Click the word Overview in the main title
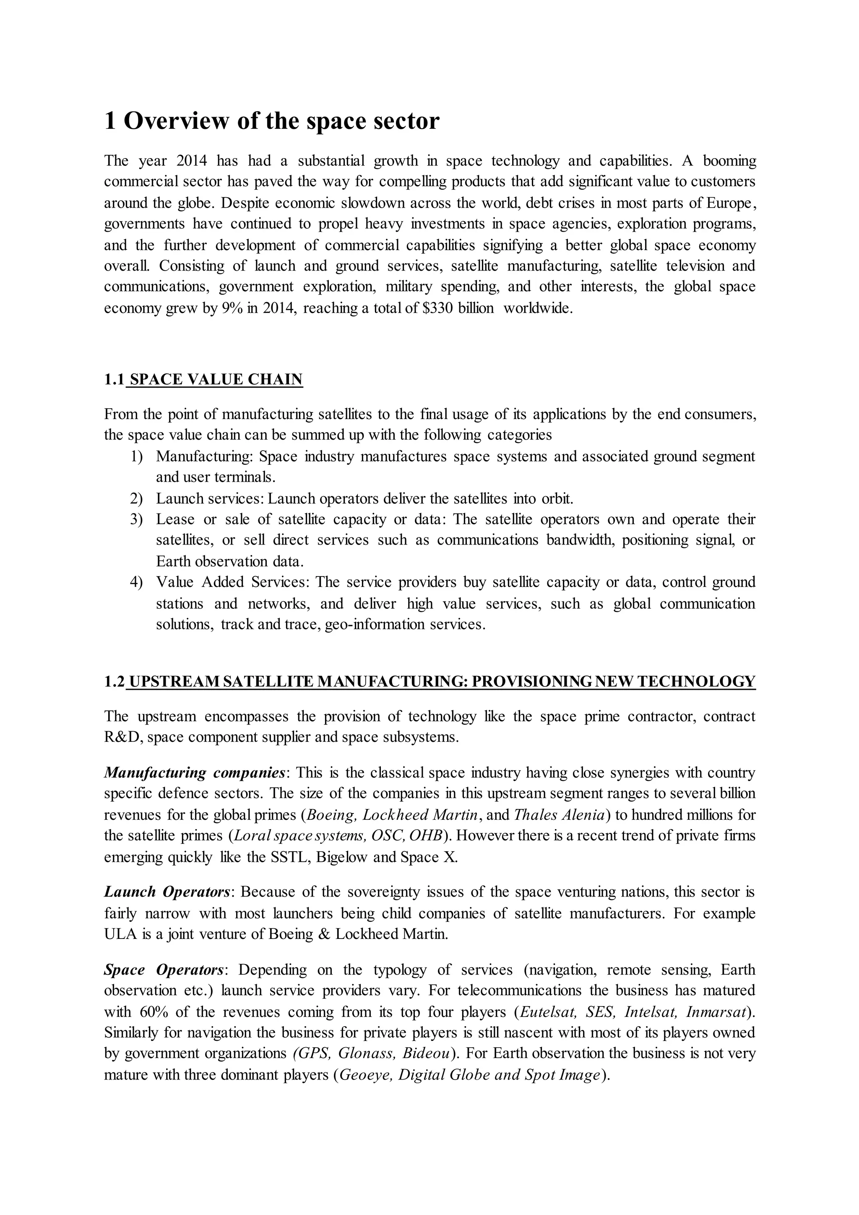[x=176, y=121]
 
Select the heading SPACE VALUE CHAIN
[x=216, y=379]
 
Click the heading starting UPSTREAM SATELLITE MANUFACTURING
[x=442, y=681]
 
